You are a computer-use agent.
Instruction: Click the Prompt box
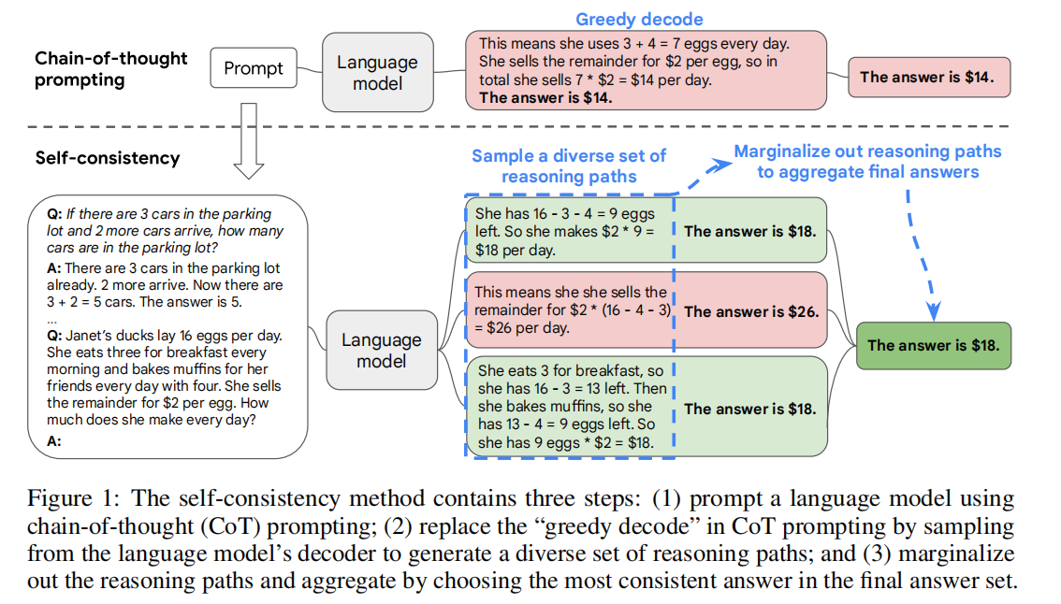click(253, 68)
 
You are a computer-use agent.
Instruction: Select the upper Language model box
click(377, 72)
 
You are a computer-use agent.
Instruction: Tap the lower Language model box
click(381, 350)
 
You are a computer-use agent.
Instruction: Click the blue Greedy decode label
click(639, 20)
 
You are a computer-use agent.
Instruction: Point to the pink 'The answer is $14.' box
click(929, 77)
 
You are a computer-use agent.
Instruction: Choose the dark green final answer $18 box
click(933, 345)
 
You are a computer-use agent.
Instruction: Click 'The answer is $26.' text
click(751, 312)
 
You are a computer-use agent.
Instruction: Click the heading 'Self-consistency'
click(108, 158)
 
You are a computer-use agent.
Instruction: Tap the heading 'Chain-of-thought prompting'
click(111, 69)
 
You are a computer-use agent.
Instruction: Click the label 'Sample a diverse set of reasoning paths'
click(569, 166)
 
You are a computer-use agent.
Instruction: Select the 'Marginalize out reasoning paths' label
click(867, 151)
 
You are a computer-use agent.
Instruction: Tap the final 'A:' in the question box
click(54, 442)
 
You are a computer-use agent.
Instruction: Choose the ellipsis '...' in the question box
click(52, 319)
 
